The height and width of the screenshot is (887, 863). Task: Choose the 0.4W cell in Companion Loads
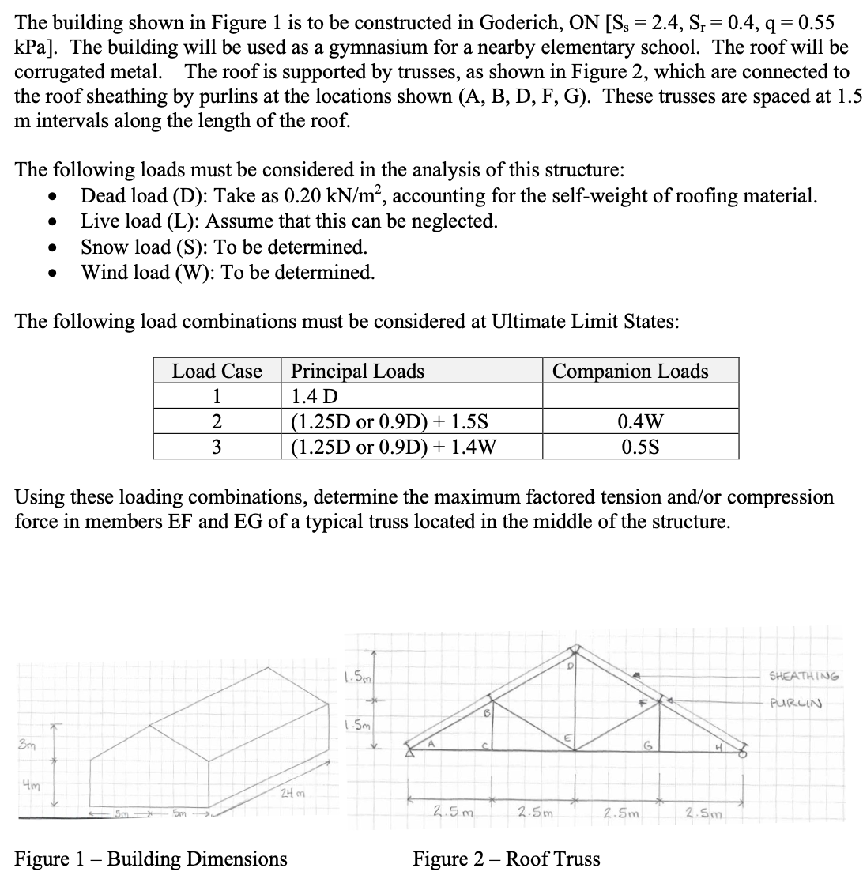[x=641, y=421]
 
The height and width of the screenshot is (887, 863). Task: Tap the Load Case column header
[x=217, y=371]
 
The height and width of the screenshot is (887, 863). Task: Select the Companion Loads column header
[x=630, y=371]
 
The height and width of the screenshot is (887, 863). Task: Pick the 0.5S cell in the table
[x=641, y=447]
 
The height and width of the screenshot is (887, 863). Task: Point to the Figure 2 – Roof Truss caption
[x=506, y=859]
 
